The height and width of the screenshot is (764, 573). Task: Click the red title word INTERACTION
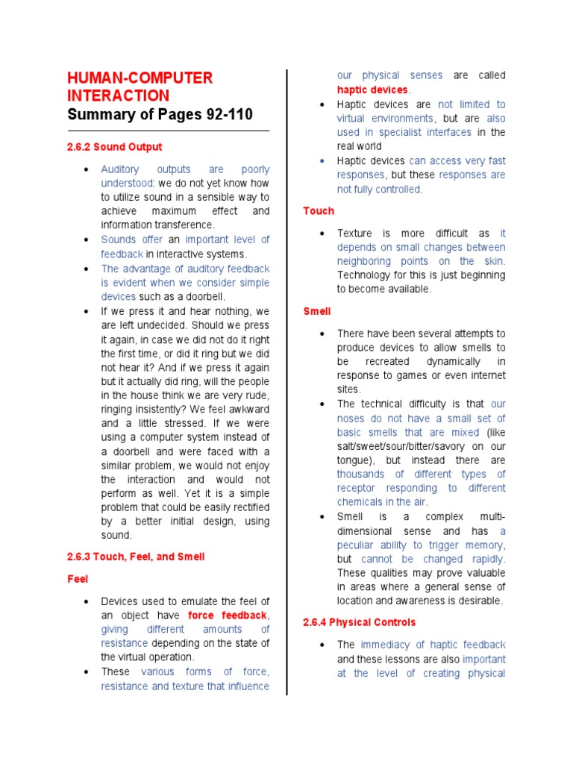118,95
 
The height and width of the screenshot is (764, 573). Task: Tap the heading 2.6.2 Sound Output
114,147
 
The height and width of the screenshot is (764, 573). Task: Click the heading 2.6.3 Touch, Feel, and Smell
136,557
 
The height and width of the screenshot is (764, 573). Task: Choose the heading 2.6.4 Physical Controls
359,622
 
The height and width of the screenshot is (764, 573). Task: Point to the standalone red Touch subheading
319,211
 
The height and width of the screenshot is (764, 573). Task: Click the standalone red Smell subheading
317,311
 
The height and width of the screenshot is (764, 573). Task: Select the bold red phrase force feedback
227,616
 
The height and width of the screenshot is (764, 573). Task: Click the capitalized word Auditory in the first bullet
119,169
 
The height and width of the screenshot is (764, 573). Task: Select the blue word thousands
361,474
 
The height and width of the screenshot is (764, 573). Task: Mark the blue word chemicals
361,502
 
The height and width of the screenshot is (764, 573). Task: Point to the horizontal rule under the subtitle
168,131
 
